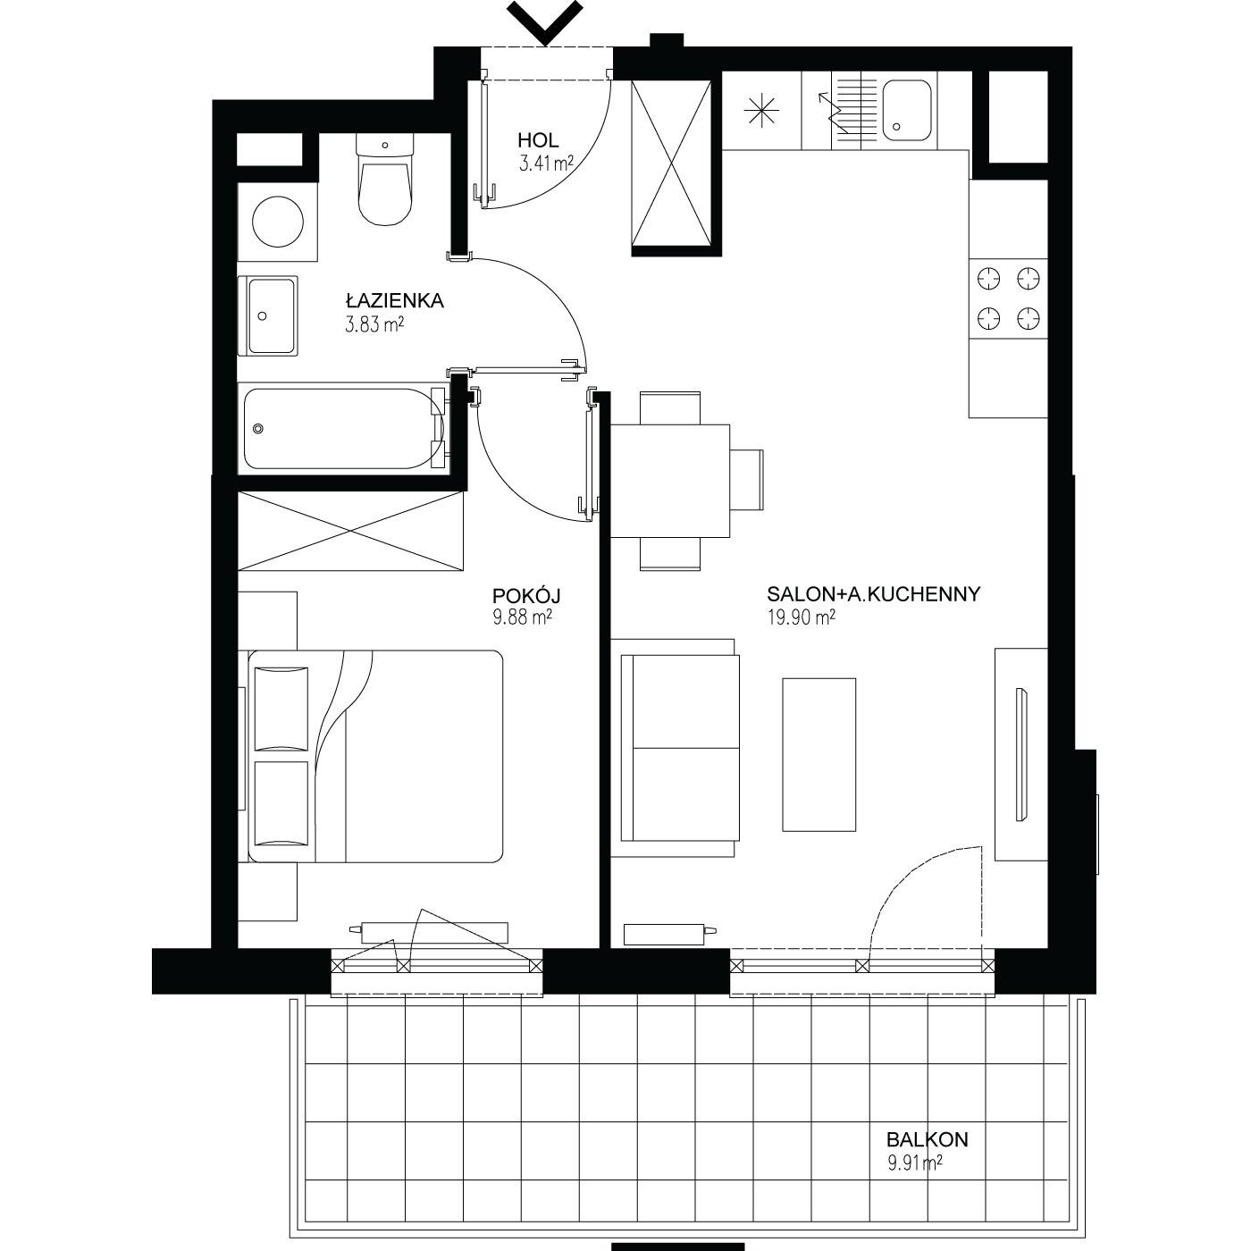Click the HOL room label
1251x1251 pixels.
tap(538, 139)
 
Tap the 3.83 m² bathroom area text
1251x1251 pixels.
tap(374, 324)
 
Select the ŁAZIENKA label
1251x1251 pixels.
tap(394, 300)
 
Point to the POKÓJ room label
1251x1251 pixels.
tap(525, 595)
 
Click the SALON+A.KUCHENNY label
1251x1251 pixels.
tap(873, 594)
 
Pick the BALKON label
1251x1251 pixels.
tap(927, 1139)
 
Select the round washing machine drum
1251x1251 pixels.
tap(278, 222)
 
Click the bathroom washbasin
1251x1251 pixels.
tap(268, 315)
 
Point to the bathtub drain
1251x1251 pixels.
tap(259, 429)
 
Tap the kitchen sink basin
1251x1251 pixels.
tap(906, 111)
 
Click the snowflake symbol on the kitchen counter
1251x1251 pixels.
tap(760, 111)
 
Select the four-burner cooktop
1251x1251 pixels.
tap(1008, 298)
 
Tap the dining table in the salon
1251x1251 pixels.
tap(670, 481)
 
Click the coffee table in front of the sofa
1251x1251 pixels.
tap(819, 754)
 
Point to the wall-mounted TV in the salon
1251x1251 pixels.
tap(1021, 754)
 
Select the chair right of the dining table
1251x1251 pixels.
tap(746, 481)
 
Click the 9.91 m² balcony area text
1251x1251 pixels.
tap(915, 1163)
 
